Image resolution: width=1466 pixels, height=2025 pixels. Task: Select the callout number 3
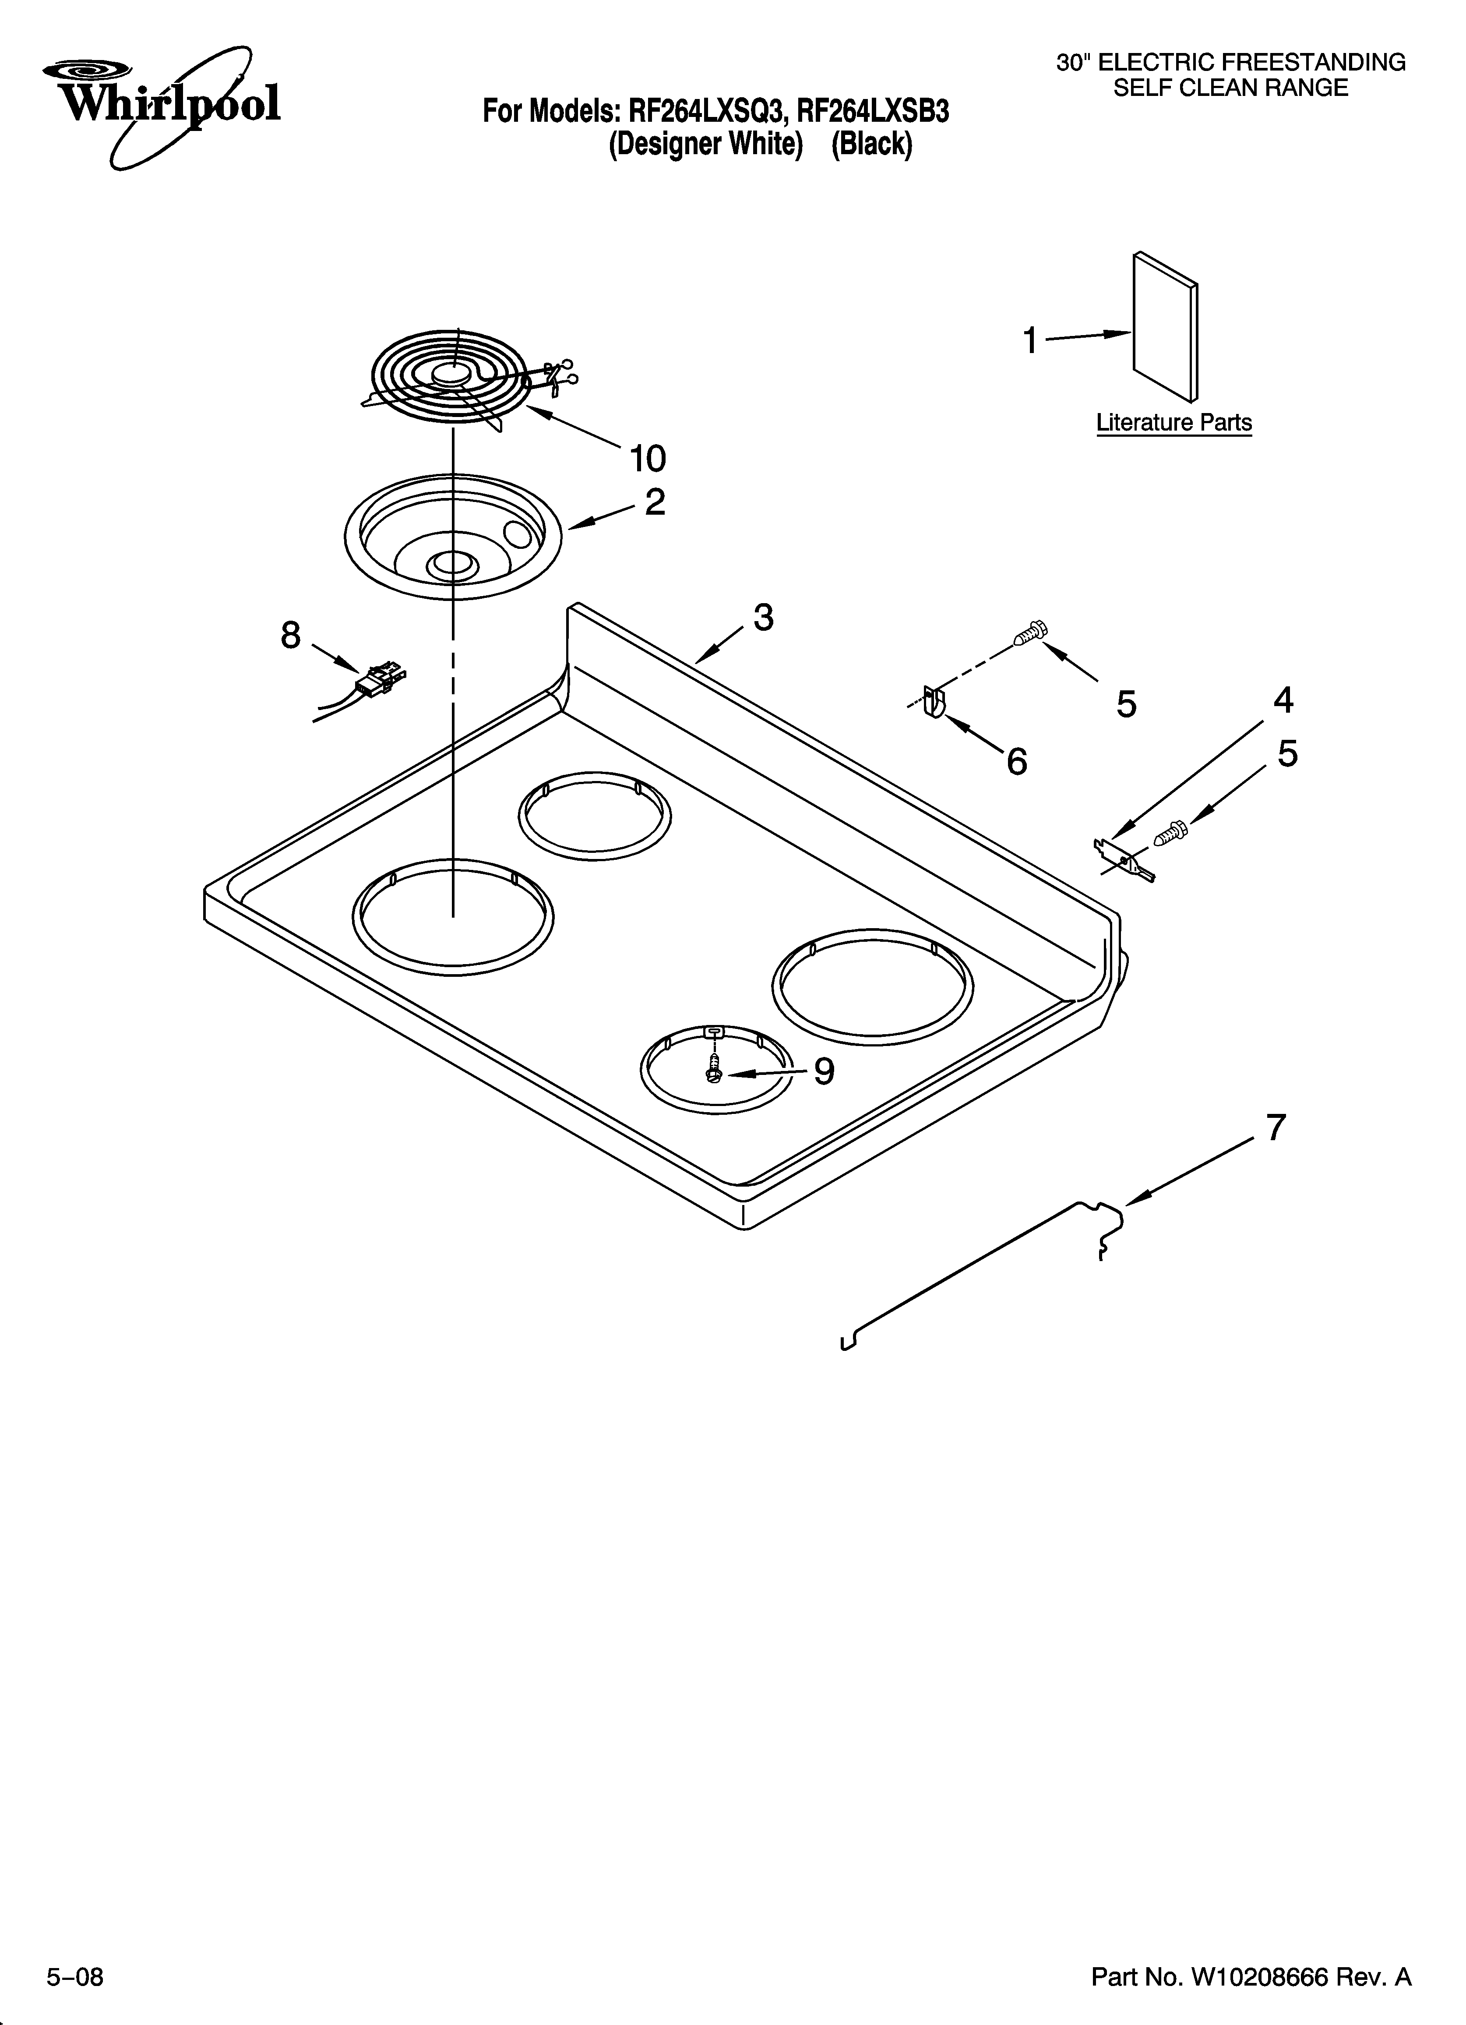coord(762,617)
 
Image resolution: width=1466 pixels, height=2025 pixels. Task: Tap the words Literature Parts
coord(1173,422)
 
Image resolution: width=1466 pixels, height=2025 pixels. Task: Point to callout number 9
coord(823,1071)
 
